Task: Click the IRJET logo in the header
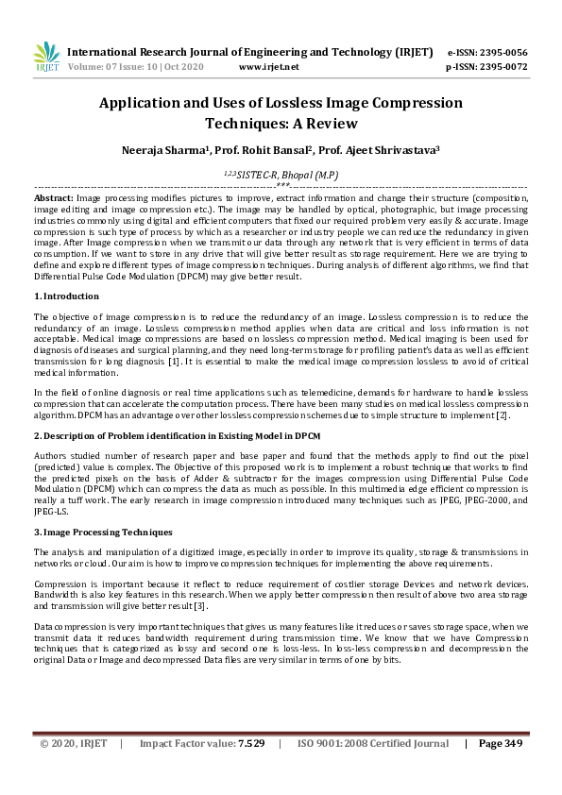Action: click(x=44, y=58)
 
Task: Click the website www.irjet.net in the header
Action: click(x=269, y=67)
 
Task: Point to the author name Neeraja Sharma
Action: click(x=159, y=149)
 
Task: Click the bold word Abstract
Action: click(x=53, y=198)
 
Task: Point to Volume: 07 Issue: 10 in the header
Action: click(x=118, y=67)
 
